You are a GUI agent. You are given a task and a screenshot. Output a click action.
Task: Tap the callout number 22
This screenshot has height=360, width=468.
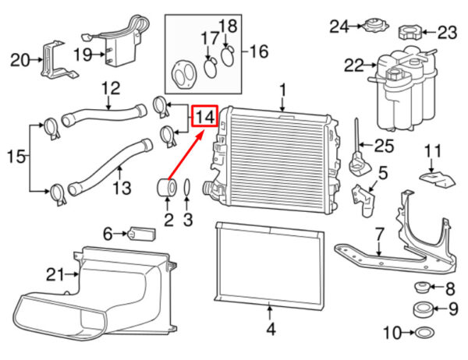coord(355,66)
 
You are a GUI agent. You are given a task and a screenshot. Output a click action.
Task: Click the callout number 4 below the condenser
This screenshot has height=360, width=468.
coord(269,329)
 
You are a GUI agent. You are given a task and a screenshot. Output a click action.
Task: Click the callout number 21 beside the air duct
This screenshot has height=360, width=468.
coord(55,274)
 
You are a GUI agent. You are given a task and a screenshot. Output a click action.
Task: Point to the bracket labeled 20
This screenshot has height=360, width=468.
coord(55,59)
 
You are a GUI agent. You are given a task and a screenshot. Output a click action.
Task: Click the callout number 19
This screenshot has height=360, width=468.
coord(83,55)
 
